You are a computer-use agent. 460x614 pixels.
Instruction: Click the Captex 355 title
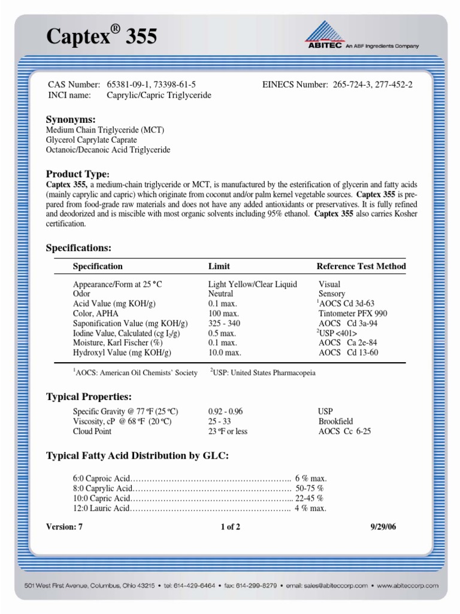(x=102, y=37)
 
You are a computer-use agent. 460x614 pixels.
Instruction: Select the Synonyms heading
(x=71, y=119)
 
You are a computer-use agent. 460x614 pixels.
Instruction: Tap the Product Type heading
(x=78, y=174)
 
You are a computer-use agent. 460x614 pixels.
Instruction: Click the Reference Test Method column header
(x=361, y=266)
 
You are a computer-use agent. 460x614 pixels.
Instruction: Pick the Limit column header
(x=219, y=266)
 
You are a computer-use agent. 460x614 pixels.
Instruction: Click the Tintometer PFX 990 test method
(x=353, y=314)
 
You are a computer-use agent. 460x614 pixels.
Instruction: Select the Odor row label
(x=81, y=294)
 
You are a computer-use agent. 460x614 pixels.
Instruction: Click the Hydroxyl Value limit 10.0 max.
(x=224, y=353)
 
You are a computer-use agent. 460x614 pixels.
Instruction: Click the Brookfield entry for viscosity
(x=335, y=422)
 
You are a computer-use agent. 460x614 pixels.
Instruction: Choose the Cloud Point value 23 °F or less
(x=228, y=431)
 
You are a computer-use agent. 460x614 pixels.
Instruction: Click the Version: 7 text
(x=63, y=527)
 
